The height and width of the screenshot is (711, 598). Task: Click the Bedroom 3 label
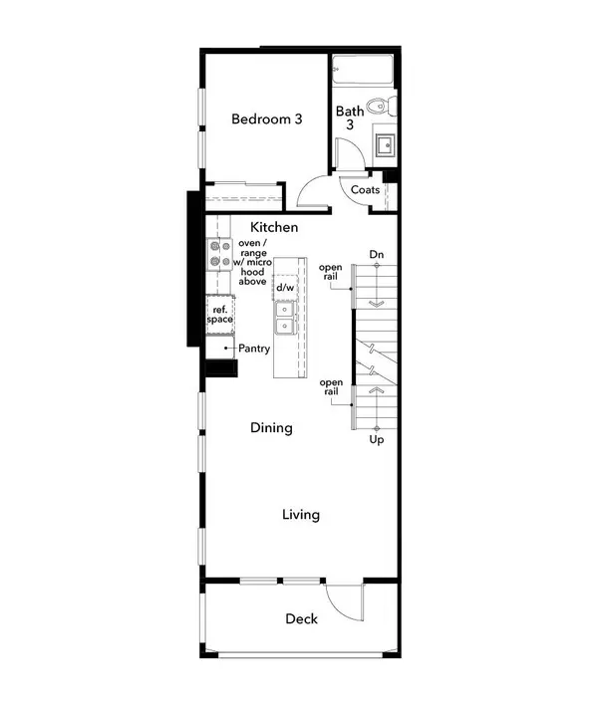coord(267,119)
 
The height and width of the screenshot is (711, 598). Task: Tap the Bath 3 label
coord(350,118)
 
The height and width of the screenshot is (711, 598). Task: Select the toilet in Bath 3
coord(378,106)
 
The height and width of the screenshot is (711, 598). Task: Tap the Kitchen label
coord(274,228)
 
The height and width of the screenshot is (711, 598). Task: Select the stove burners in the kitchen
coord(219,256)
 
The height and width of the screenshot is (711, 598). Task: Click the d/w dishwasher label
coord(285,288)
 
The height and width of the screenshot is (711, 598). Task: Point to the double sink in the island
coord(285,318)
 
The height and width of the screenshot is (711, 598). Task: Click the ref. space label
coord(220,316)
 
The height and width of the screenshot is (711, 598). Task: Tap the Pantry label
coord(255,350)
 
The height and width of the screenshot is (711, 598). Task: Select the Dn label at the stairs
coord(377,256)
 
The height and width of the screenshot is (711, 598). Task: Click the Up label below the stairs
coord(377,439)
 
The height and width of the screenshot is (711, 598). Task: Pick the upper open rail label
coord(331,272)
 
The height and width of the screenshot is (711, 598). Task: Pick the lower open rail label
coord(331,387)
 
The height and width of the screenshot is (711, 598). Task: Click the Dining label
coord(271,428)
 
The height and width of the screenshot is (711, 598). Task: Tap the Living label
coord(300,515)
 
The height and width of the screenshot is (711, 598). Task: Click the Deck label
coord(302,619)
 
